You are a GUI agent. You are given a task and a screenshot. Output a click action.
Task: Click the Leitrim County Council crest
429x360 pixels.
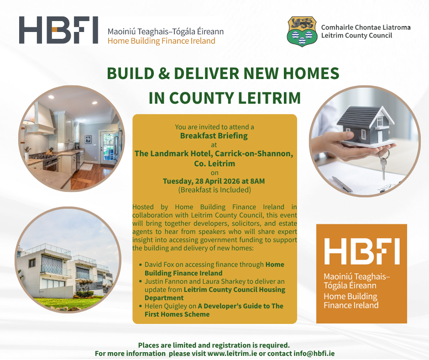pos(302,32)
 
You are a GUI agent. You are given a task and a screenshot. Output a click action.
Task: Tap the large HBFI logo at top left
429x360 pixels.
pos(58,30)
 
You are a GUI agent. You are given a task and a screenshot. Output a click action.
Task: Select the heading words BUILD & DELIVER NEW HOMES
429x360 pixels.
pos(223,74)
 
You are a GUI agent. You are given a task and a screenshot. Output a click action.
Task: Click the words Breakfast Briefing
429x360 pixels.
pos(214,135)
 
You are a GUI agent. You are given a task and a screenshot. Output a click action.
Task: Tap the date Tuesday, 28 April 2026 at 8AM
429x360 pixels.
pos(214,181)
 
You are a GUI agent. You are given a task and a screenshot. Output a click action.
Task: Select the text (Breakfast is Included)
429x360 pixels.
pos(214,190)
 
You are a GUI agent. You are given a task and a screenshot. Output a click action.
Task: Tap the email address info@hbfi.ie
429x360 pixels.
pos(315,354)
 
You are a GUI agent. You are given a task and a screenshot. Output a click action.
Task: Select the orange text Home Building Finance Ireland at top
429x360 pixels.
pos(161,41)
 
